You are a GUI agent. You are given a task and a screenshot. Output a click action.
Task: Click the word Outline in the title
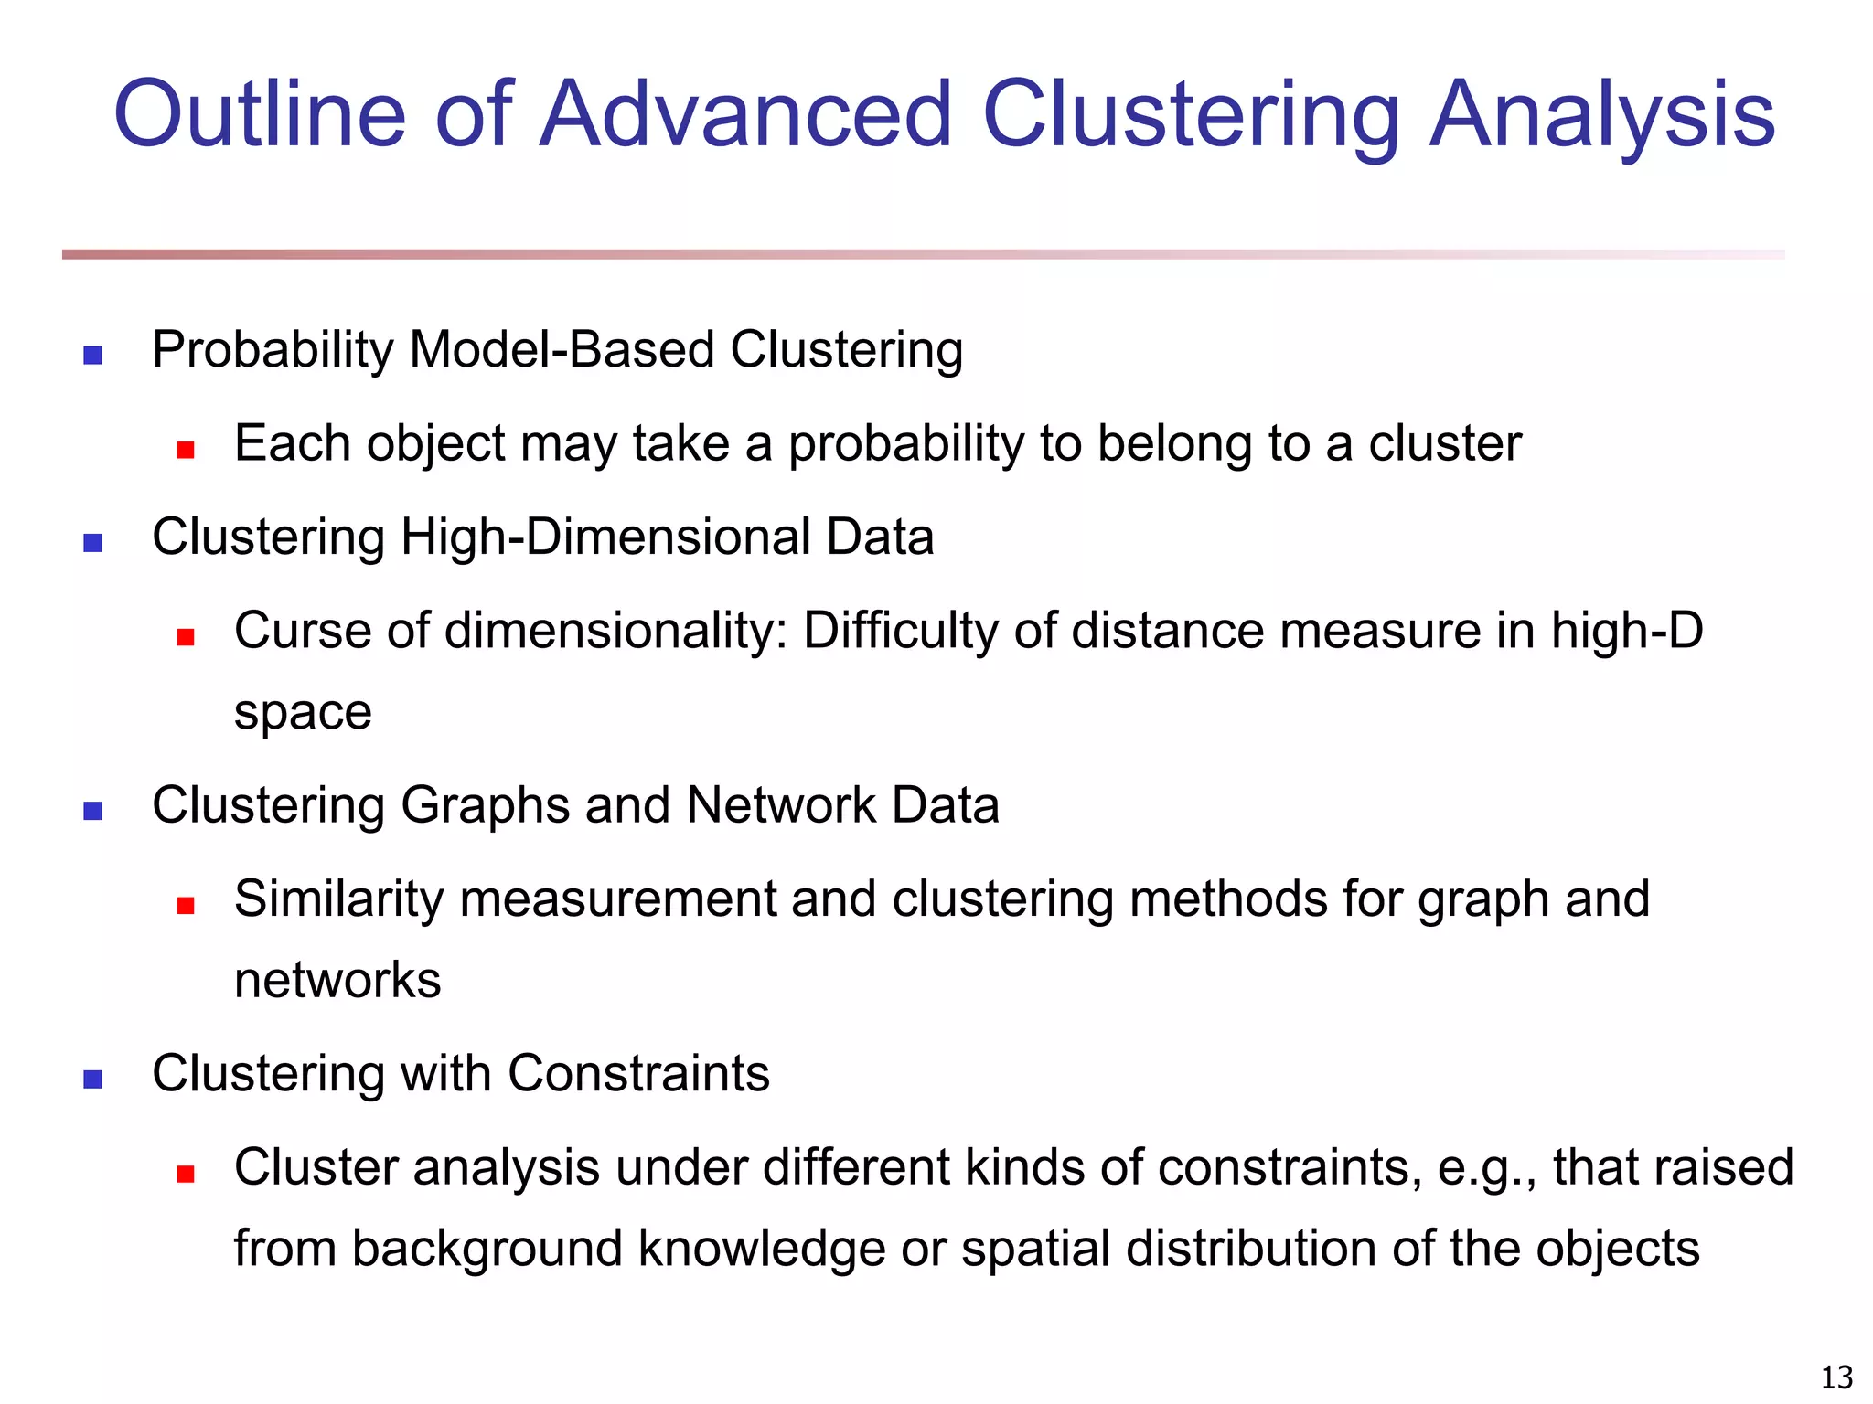pos(259,114)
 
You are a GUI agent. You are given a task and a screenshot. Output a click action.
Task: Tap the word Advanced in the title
pos(745,114)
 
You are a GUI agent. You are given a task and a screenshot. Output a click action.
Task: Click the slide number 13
pos(1836,1377)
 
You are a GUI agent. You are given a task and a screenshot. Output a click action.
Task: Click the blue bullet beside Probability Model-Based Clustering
pos(92,355)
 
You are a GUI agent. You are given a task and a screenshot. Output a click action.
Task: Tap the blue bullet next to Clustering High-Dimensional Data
pos(92,543)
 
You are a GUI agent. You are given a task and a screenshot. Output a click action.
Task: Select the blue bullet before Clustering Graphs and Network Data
pos(92,811)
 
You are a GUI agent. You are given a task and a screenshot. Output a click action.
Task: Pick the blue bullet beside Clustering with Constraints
pos(92,1080)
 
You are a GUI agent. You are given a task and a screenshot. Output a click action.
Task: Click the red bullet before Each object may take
pos(186,450)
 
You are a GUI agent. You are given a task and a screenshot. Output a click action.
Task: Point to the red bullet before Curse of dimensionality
pos(186,637)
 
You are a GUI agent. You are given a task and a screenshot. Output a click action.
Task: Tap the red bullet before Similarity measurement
pos(186,906)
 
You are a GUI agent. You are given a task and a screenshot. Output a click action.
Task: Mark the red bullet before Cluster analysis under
pos(186,1175)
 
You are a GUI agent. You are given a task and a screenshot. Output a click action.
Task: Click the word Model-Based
pos(562,350)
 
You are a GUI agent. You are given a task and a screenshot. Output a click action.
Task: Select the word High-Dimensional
pos(605,537)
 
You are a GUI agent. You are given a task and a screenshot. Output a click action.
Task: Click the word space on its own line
pos(303,713)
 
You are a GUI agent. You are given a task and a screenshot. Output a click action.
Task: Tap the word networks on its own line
pos(337,981)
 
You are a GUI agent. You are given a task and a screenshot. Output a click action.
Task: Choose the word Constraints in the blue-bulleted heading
pos(638,1073)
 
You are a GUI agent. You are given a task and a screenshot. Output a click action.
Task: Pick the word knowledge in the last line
pos(761,1250)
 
